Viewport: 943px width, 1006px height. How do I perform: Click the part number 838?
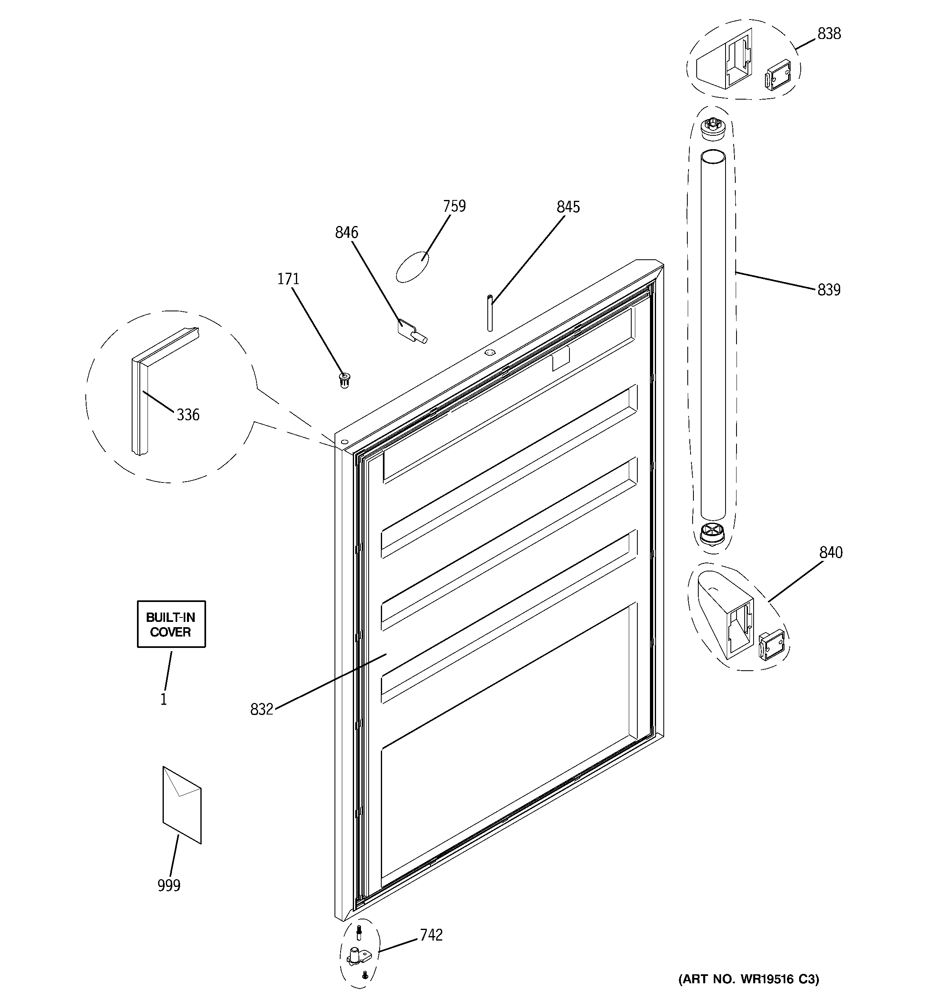tap(829, 34)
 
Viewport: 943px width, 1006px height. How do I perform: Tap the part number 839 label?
tap(829, 290)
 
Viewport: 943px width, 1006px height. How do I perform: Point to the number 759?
tap(454, 206)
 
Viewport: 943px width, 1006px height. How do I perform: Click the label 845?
tap(568, 207)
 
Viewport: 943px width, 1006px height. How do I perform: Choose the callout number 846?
tap(346, 233)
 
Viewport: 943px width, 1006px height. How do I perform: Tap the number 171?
tap(288, 279)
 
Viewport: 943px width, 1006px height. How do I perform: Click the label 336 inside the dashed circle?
tap(188, 415)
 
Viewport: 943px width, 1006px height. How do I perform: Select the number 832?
tap(261, 709)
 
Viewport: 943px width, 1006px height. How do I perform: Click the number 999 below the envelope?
tap(169, 886)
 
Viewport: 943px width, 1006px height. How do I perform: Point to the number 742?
tap(431, 935)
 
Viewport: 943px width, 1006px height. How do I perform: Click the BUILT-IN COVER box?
tap(171, 624)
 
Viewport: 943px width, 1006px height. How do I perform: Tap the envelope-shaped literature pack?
tap(182, 805)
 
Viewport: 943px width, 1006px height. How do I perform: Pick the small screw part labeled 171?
tap(345, 380)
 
